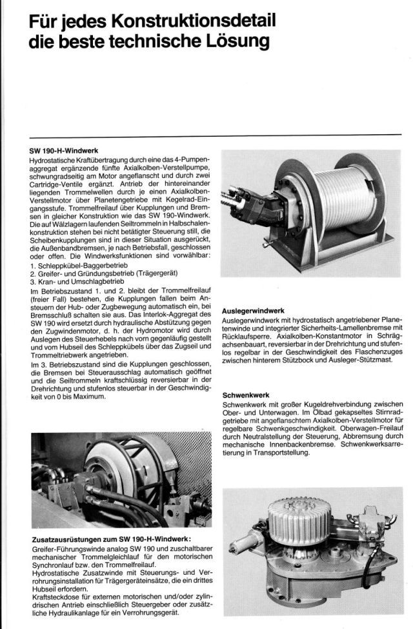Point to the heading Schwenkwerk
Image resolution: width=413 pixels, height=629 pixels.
click(246, 394)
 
